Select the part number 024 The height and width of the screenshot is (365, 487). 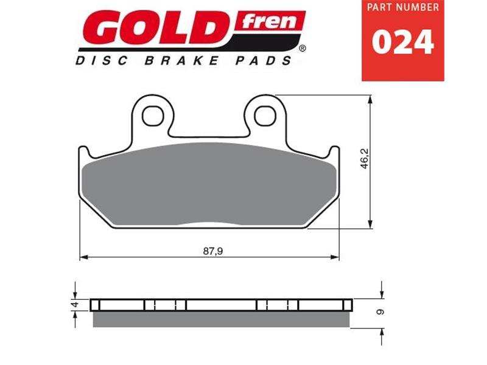tap(403, 43)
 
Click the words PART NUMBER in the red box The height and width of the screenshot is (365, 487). tap(403, 8)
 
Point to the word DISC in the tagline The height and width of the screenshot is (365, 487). tap(98, 60)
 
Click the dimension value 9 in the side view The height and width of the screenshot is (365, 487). tap(382, 311)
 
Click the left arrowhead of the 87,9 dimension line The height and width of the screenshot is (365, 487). tap(84, 257)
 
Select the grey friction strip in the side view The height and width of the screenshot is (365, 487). tap(222, 319)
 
